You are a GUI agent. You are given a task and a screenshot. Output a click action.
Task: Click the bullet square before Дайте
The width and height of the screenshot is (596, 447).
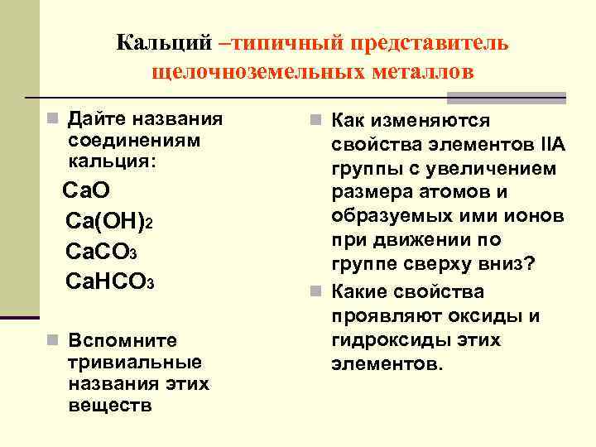click(51, 118)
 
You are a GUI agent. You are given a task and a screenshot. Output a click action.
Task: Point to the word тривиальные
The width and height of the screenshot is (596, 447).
click(136, 362)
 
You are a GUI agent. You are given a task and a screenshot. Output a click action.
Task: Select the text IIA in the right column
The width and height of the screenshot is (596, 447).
click(551, 146)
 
